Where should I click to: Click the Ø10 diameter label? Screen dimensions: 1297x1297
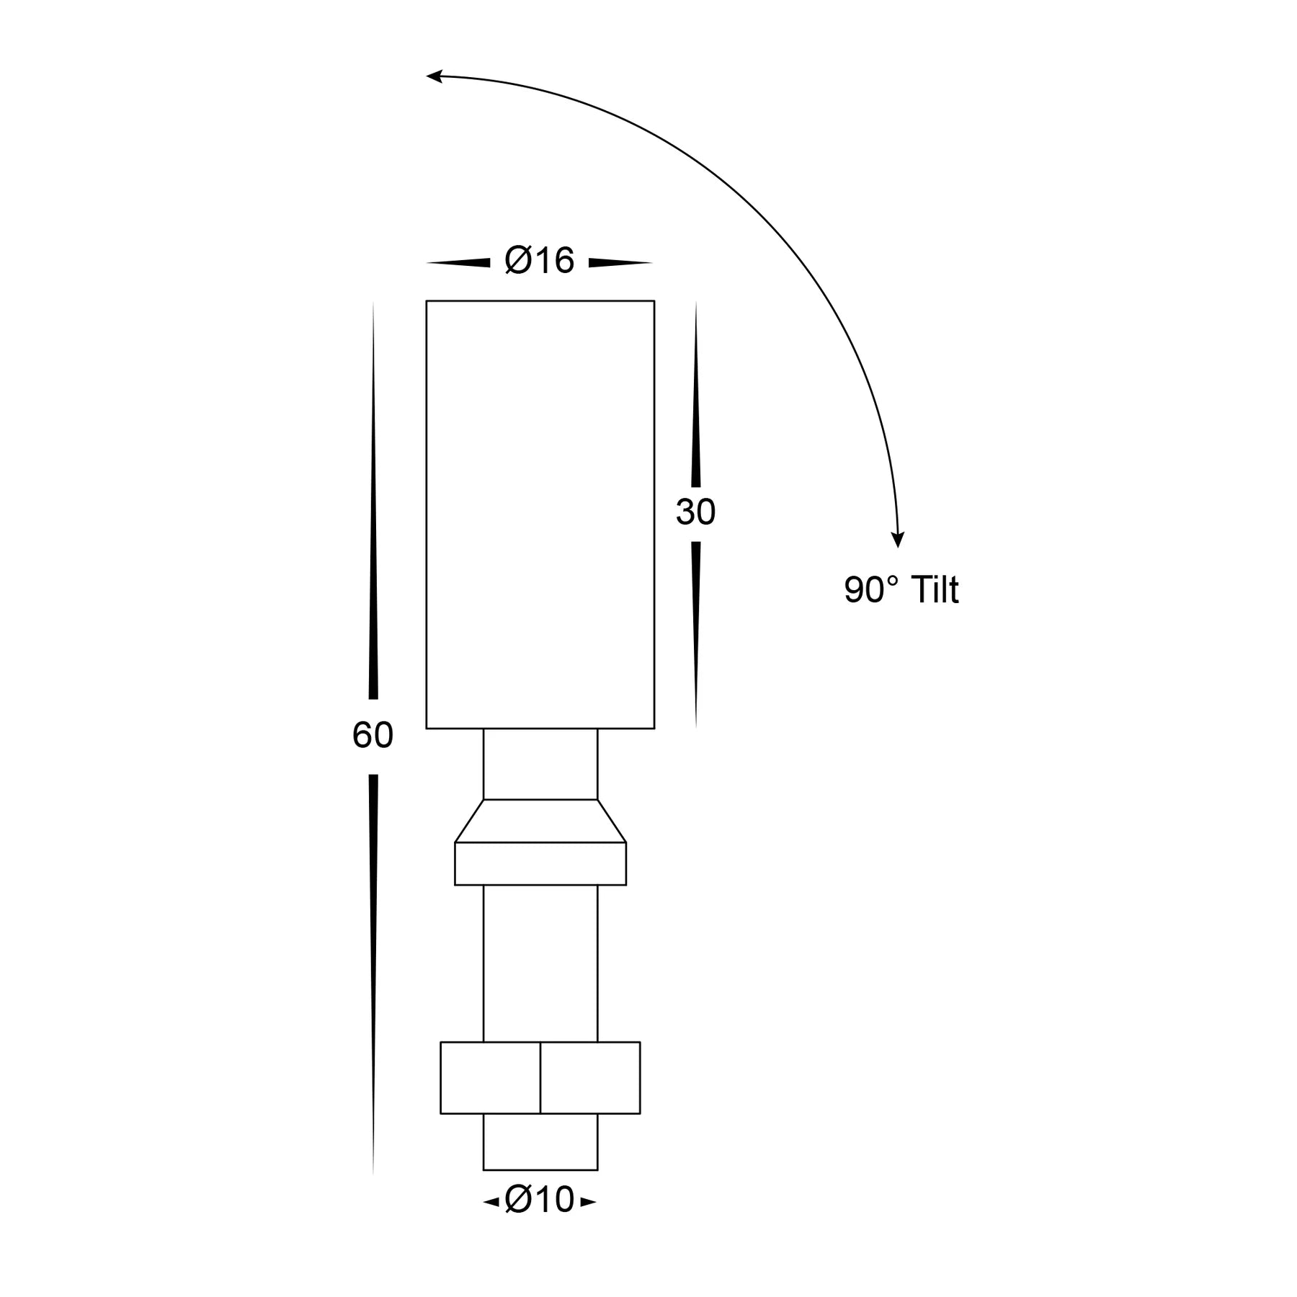pyautogui.click(x=539, y=1200)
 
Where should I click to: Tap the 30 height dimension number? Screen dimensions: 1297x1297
pyautogui.click(x=695, y=512)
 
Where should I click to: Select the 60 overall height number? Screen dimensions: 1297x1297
pyautogui.click(x=373, y=736)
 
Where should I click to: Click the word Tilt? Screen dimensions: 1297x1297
pyautogui.click(x=935, y=589)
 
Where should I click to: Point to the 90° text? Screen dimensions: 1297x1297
pyautogui.click(x=872, y=589)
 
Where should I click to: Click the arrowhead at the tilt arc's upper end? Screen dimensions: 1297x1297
pyautogui.click(x=434, y=76)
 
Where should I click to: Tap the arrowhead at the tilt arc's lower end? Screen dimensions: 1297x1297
pyautogui.click(x=897, y=540)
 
